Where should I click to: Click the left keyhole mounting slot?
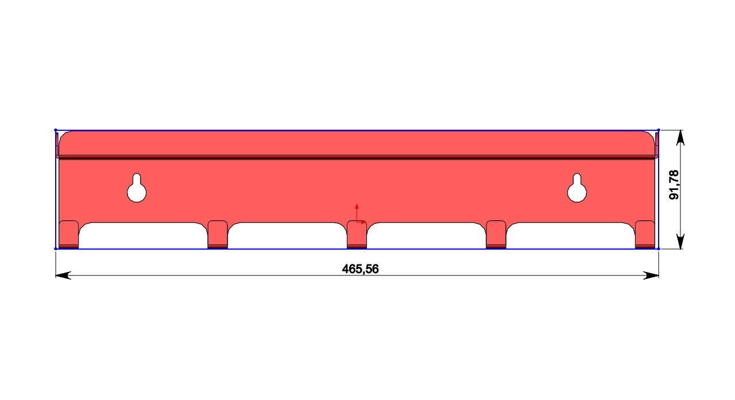pos(137,189)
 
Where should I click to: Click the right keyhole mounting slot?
pos(577,189)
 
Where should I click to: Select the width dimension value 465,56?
pos(360,269)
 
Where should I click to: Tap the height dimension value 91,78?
pos(674,185)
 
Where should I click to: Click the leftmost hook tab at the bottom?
pos(69,234)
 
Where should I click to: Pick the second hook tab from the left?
pos(218,234)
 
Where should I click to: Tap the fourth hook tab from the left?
pos(496,234)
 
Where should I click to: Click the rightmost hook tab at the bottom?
pos(645,234)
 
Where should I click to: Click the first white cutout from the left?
pos(142,235)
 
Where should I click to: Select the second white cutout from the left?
pos(287,235)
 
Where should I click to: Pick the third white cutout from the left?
pos(426,235)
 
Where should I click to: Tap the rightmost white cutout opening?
pos(570,235)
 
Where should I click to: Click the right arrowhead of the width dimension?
pos(652,275)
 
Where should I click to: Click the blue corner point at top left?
pos(56,130)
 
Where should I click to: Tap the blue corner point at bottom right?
pos(659,248)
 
